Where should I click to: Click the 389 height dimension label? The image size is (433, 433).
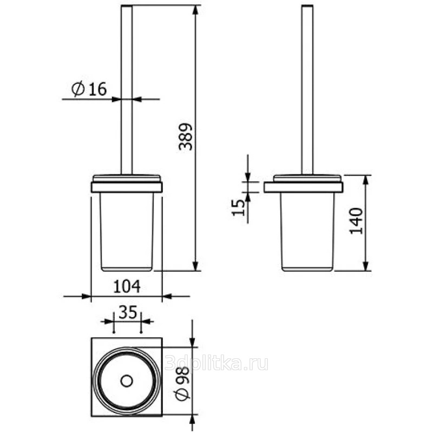tap(185, 137)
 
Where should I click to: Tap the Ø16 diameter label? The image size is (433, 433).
tap(89, 89)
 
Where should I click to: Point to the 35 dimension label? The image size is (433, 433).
tap(128, 312)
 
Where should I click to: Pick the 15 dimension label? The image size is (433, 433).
tap(238, 207)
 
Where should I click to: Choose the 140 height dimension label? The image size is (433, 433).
tap(356, 221)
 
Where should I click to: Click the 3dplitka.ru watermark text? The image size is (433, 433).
tap(216, 363)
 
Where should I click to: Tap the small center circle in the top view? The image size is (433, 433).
tap(127, 381)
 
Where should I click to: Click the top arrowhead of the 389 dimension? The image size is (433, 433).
tap(195, 10)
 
